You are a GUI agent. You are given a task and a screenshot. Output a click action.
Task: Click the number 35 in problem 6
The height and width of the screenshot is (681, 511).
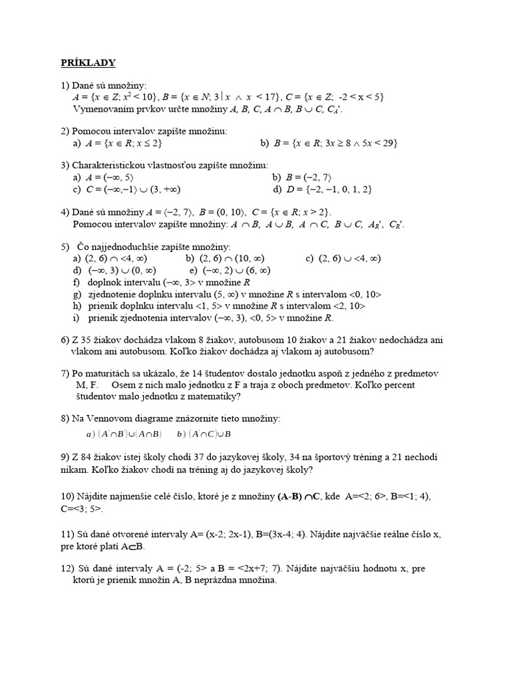tap(82, 340)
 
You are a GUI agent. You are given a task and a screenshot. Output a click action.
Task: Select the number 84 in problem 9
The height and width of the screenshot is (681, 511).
tap(83, 457)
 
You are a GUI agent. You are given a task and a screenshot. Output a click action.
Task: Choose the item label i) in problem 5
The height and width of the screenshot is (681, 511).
tap(77, 317)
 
